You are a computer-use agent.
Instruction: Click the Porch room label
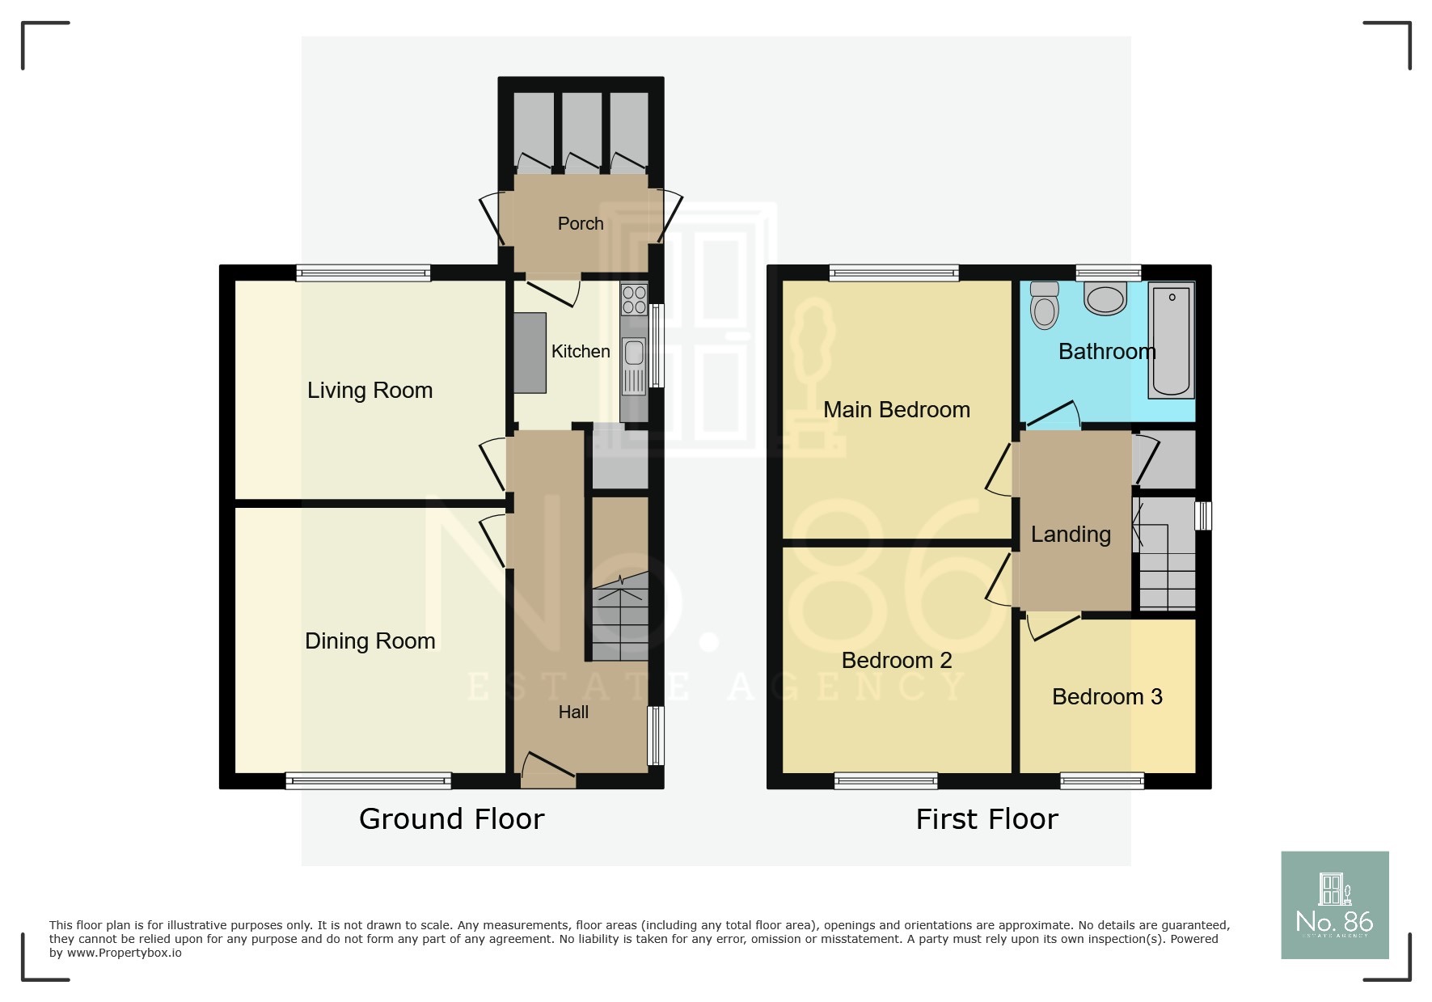pyautogui.click(x=581, y=223)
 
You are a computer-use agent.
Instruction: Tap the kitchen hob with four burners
pyautogui.click(x=634, y=299)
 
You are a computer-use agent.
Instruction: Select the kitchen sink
pyautogui.click(x=634, y=353)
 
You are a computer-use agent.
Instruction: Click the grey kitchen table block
pyautogui.click(x=530, y=353)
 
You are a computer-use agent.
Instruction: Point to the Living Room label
pyautogui.click(x=370, y=390)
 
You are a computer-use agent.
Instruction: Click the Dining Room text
pyautogui.click(x=370, y=641)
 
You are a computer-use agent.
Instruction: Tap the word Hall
pyautogui.click(x=573, y=712)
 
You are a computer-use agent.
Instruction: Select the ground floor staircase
pyautogui.click(x=620, y=619)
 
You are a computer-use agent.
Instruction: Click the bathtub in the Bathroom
pyautogui.click(x=1172, y=340)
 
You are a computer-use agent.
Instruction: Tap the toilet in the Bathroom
pyautogui.click(x=1045, y=305)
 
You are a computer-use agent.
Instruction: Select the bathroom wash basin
pyautogui.click(x=1105, y=298)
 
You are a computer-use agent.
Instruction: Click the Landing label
pyautogui.click(x=1071, y=534)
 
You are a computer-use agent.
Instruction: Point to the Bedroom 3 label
pyautogui.click(x=1107, y=696)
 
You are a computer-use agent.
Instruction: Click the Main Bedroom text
pyautogui.click(x=896, y=409)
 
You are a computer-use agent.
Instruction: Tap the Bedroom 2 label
pyautogui.click(x=896, y=660)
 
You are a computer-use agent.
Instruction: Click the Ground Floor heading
pyautogui.click(x=451, y=818)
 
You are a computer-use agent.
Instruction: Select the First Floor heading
pyautogui.click(x=986, y=818)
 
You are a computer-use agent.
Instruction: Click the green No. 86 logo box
pyautogui.click(x=1334, y=904)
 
